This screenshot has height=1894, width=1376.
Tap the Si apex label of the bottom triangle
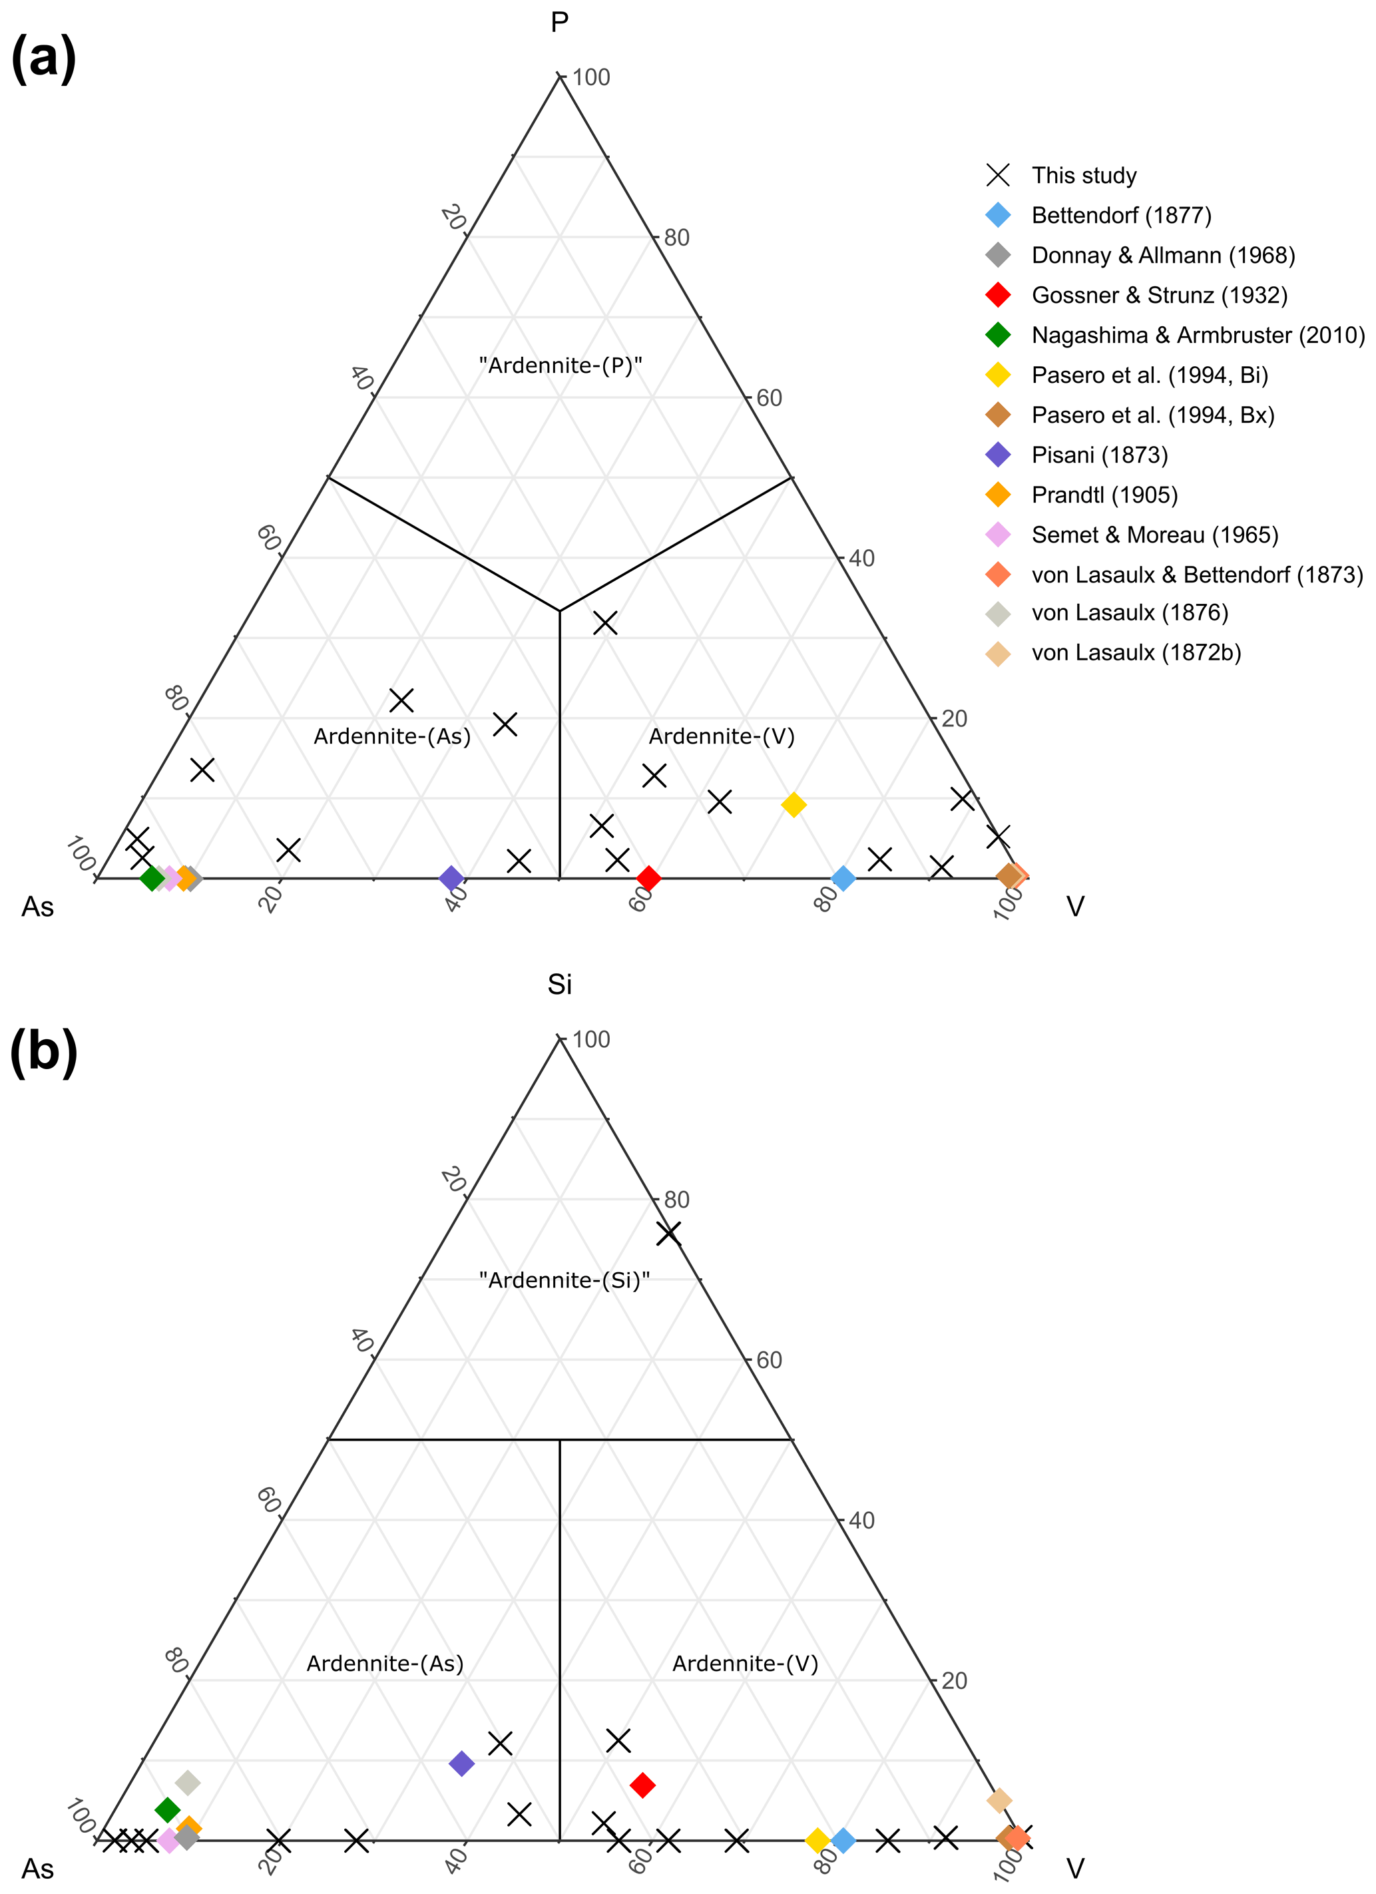point(559,985)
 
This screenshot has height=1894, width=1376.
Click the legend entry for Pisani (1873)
point(1099,455)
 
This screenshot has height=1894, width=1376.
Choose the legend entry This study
point(1084,175)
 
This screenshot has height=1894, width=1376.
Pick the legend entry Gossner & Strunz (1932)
point(1159,295)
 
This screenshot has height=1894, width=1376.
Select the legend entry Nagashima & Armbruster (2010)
point(1198,335)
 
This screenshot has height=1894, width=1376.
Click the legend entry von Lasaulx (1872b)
point(1136,652)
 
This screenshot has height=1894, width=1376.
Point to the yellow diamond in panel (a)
point(794,804)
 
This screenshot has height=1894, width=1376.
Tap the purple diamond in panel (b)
point(462,1763)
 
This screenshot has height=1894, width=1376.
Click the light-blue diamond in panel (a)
point(843,877)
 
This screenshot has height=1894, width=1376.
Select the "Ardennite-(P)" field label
point(561,365)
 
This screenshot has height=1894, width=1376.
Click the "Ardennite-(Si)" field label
point(565,1280)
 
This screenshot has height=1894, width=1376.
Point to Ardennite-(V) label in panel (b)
point(745,1664)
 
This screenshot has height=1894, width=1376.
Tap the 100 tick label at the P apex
point(591,78)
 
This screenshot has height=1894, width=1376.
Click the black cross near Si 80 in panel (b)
point(668,1234)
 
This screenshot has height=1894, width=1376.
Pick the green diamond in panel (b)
point(168,1809)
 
